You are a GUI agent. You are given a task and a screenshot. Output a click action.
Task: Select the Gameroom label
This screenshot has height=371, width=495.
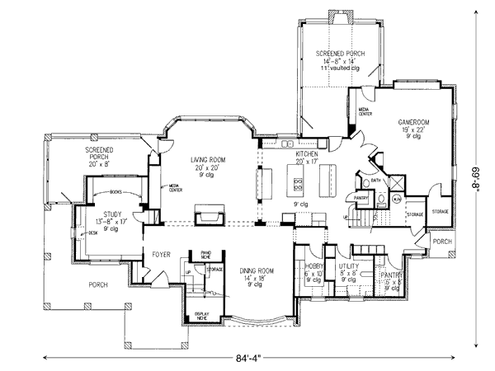(x=413, y=121)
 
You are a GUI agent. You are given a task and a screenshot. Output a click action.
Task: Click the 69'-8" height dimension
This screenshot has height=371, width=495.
(x=476, y=185)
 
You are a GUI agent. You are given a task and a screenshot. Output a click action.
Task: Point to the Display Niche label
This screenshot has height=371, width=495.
(x=201, y=317)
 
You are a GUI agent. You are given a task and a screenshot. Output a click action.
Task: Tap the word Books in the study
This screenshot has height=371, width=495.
(x=114, y=191)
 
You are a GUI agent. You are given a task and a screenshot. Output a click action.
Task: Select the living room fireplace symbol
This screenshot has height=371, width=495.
(x=208, y=216)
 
